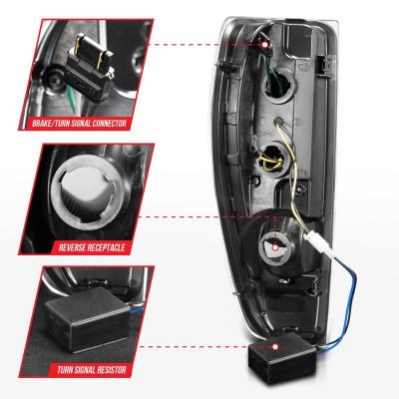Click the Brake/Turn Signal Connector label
pos(80,124)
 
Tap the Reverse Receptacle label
pos(92,247)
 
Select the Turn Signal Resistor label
pos(92,370)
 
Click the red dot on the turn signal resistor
pos(275,347)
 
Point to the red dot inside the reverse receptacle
pos(275,247)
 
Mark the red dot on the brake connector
pos(264,44)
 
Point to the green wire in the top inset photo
pos(71,97)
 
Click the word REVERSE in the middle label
pos(73,247)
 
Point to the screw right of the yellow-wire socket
pos(302,189)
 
